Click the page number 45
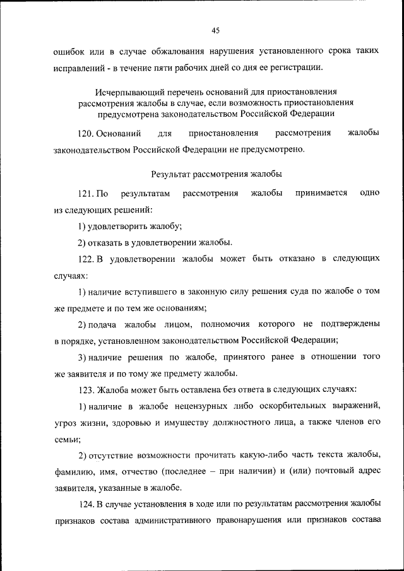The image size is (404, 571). (x=215, y=30)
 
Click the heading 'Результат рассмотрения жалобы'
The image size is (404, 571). (x=217, y=173)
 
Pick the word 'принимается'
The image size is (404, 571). (x=321, y=193)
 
